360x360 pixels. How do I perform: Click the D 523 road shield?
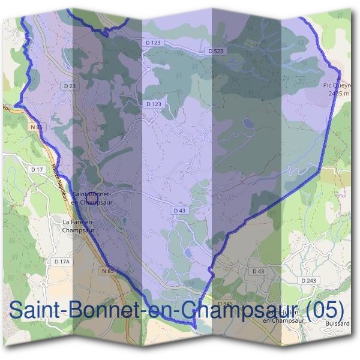pyautogui.click(x=215, y=52)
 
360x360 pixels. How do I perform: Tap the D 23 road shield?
pyautogui.click(x=70, y=86)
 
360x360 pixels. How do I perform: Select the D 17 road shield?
pyautogui.click(x=37, y=170)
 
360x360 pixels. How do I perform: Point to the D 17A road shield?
pyautogui.click(x=62, y=262)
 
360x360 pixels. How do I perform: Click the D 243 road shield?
pyautogui.click(x=309, y=281)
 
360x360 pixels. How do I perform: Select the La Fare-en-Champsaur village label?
pyautogui.click(x=76, y=226)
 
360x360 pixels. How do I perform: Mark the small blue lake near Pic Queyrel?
pyautogui.click(x=247, y=123)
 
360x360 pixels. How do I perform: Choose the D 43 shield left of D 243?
pyautogui.click(x=259, y=271)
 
